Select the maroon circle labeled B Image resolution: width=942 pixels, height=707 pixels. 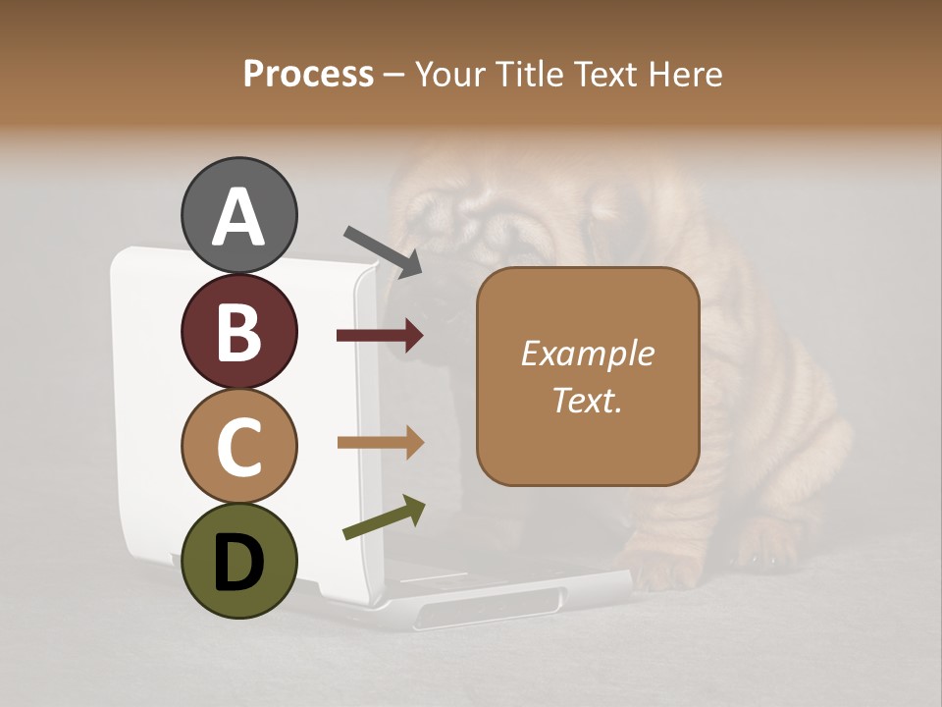[238, 331]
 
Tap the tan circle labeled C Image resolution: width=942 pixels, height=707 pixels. [238, 447]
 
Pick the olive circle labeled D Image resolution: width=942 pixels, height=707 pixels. [238, 561]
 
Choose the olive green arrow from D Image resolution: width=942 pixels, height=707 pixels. [384, 517]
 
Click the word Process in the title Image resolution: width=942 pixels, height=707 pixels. [308, 75]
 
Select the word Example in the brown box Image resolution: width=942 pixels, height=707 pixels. [587, 353]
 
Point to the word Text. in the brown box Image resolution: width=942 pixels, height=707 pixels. [587, 400]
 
